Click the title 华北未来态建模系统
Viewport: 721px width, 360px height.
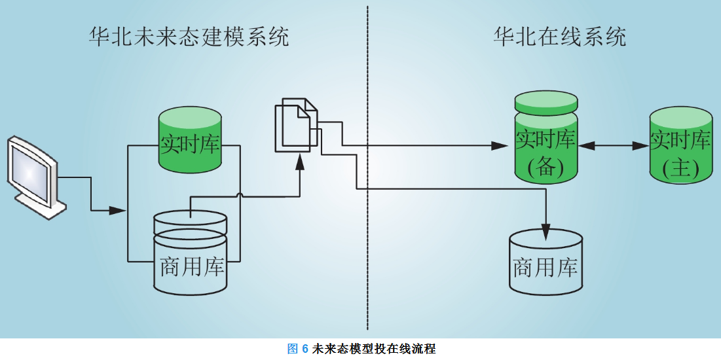pyautogui.click(x=189, y=37)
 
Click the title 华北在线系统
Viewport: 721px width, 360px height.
pyautogui.click(x=560, y=37)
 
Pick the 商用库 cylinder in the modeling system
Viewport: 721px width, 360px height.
pyautogui.click(x=190, y=252)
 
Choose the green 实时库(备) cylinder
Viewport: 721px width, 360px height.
pyautogui.click(x=545, y=141)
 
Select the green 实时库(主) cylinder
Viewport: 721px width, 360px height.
pyautogui.click(x=680, y=145)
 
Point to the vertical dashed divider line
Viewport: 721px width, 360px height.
pyautogui.click(x=367, y=196)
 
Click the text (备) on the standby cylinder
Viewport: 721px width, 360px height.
pyautogui.click(x=545, y=168)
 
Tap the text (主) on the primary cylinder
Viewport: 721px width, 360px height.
pyautogui.click(x=680, y=169)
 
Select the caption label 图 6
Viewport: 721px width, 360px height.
pyautogui.click(x=297, y=349)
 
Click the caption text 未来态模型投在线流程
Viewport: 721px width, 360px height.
pyautogui.click(x=374, y=349)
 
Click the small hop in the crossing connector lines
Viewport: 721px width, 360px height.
pyautogui.click(x=241, y=194)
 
